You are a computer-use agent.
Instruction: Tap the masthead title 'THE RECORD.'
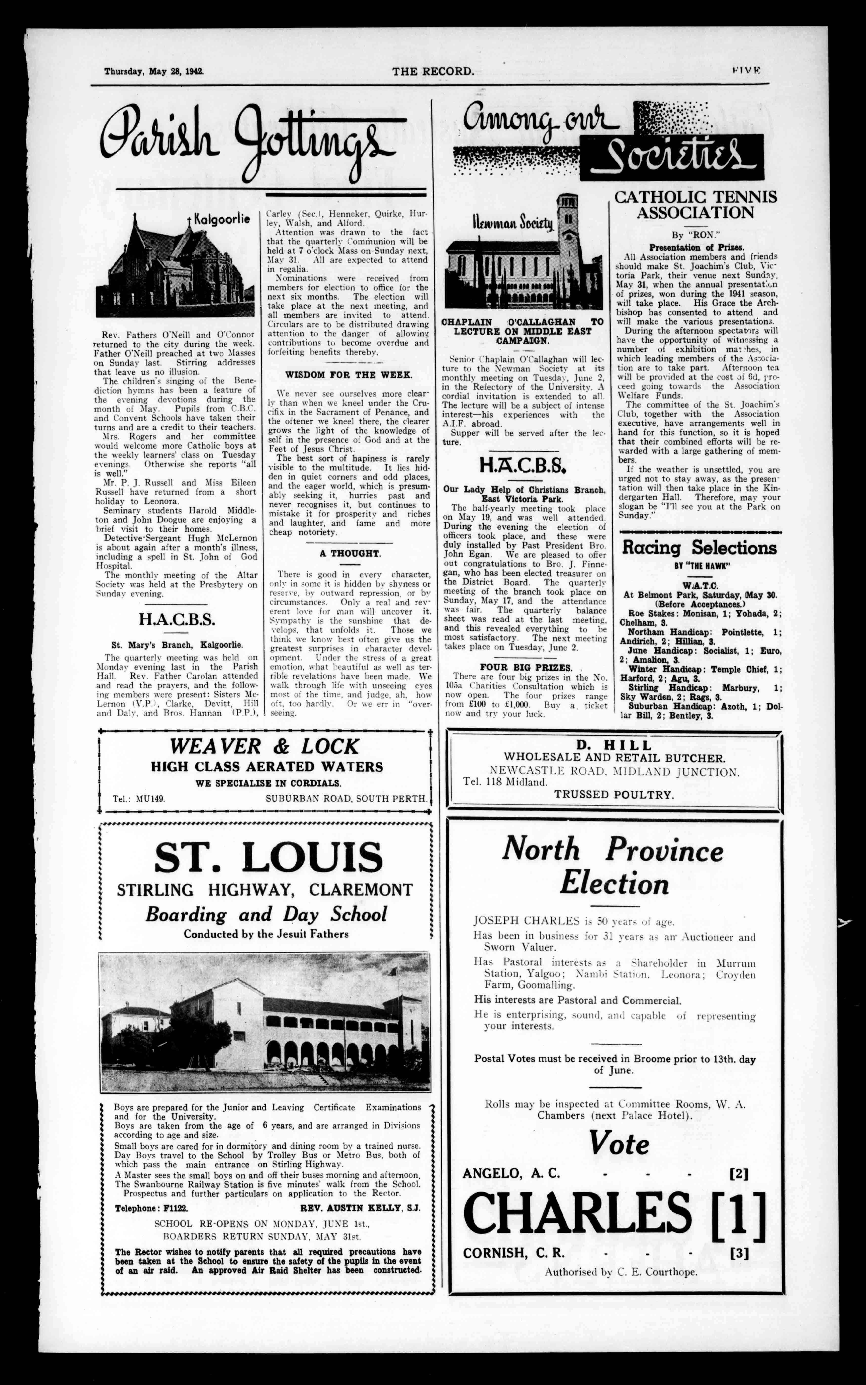tap(433, 72)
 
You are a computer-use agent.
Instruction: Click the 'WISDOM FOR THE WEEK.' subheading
tap(348, 375)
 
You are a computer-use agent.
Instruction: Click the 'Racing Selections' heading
tap(699, 548)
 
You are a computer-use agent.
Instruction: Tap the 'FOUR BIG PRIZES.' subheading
tap(526, 668)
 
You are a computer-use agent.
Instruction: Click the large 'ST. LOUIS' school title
tap(268, 858)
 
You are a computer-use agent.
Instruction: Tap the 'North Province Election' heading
tap(613, 866)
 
